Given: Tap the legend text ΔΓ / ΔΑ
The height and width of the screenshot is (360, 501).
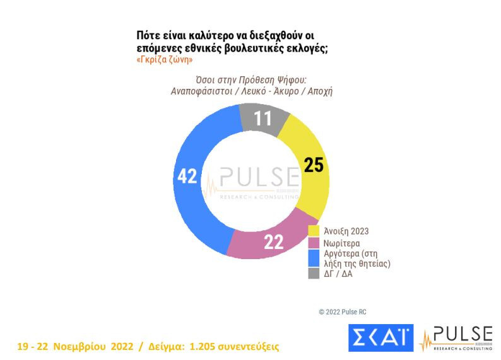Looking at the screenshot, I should pyautogui.click(x=339, y=274).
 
